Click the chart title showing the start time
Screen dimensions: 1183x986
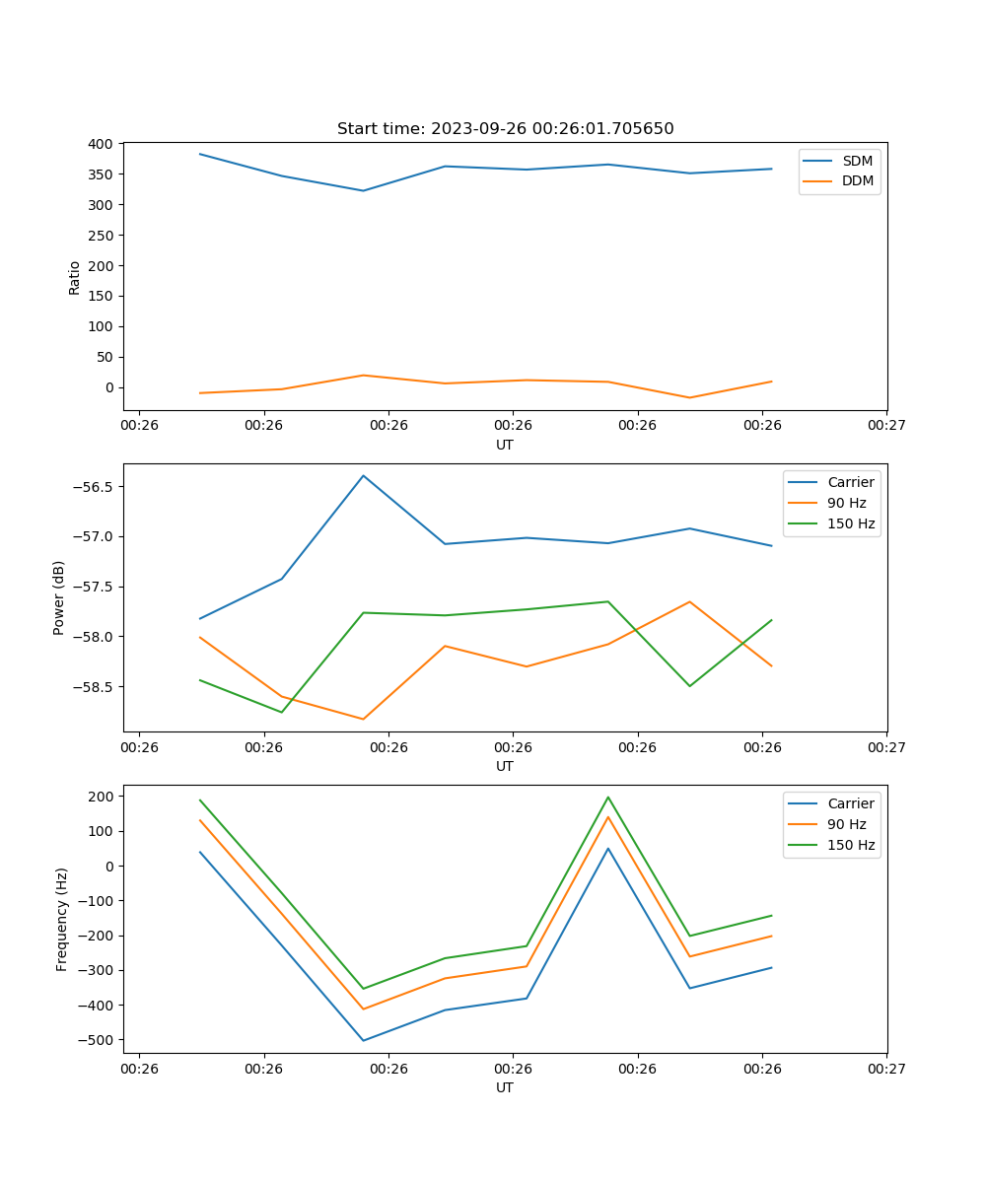point(505,129)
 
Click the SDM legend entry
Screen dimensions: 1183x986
point(857,161)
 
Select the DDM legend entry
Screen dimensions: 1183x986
point(857,181)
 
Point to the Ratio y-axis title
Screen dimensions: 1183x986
point(75,277)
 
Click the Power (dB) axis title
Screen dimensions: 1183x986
point(59,597)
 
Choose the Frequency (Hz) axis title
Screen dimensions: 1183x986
point(61,919)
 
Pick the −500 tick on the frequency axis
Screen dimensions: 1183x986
point(99,1040)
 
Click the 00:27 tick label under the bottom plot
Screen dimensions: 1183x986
point(886,1069)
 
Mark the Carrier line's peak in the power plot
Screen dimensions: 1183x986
point(363,475)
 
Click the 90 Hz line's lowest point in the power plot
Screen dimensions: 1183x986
point(363,720)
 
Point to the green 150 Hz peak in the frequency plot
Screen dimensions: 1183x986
point(608,797)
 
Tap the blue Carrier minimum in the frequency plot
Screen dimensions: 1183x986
point(363,1041)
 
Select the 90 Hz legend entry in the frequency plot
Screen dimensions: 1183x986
point(847,824)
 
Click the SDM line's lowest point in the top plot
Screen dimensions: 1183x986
point(363,191)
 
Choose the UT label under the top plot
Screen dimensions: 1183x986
point(505,445)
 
